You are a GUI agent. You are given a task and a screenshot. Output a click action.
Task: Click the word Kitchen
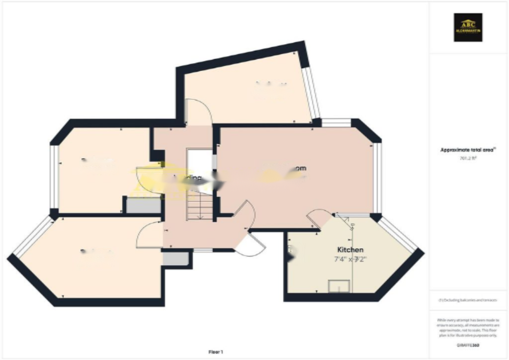click(x=350, y=250)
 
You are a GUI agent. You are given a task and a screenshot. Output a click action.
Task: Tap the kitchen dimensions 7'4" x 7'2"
click(x=351, y=259)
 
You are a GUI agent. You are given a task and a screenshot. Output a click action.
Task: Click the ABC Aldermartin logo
click(x=468, y=27)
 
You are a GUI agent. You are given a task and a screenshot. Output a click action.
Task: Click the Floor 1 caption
click(x=215, y=352)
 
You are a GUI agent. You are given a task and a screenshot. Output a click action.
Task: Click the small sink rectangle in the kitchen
click(x=339, y=286)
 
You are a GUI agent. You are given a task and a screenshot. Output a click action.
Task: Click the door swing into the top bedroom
click(x=198, y=112)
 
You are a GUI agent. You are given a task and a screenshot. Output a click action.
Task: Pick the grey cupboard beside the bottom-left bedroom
click(x=175, y=259)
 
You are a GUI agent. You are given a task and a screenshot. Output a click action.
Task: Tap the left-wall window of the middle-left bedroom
click(x=54, y=177)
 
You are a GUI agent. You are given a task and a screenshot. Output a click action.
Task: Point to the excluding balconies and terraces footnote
click(x=467, y=300)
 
